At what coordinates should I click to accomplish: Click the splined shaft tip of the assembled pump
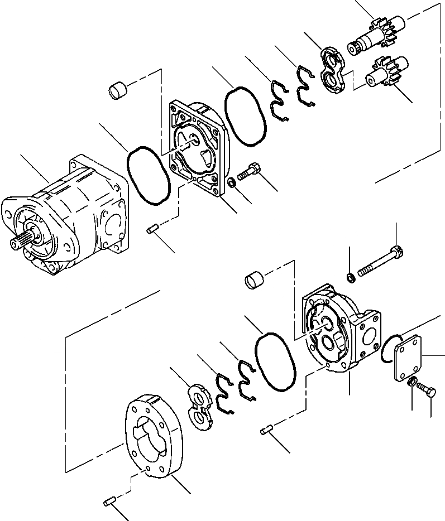click(x=16, y=244)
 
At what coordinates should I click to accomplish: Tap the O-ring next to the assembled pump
click(x=149, y=176)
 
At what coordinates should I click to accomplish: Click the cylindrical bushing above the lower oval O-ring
click(x=254, y=278)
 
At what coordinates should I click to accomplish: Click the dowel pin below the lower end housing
click(x=269, y=430)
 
